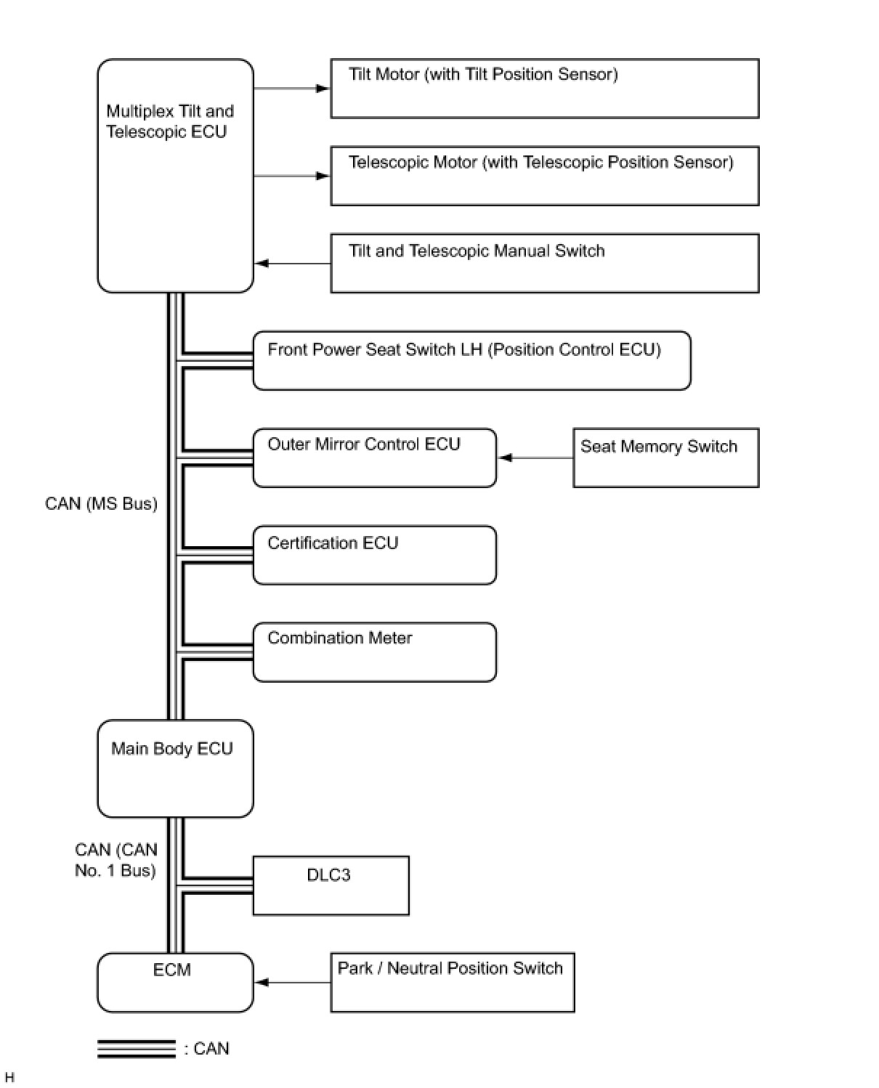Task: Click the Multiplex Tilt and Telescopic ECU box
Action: [175, 176]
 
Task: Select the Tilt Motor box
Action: [544, 89]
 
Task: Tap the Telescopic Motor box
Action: [544, 176]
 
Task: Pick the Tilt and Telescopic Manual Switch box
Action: [544, 263]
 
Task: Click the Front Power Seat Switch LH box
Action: [471, 360]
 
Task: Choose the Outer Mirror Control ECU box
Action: [374, 458]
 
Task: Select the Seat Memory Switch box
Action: [665, 458]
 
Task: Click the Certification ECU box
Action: [374, 555]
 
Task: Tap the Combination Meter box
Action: [374, 651]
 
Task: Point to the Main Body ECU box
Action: [175, 768]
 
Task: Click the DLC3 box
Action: [331, 885]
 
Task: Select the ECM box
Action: [175, 982]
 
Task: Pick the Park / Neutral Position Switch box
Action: [452, 982]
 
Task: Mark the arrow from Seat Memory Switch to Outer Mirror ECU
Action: [535, 458]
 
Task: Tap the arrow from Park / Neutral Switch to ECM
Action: [292, 982]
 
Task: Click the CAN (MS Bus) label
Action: [101, 503]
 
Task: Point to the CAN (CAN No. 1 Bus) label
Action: [116, 860]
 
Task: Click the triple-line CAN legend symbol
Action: [137, 1049]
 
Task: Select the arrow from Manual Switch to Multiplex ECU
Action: [292, 263]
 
